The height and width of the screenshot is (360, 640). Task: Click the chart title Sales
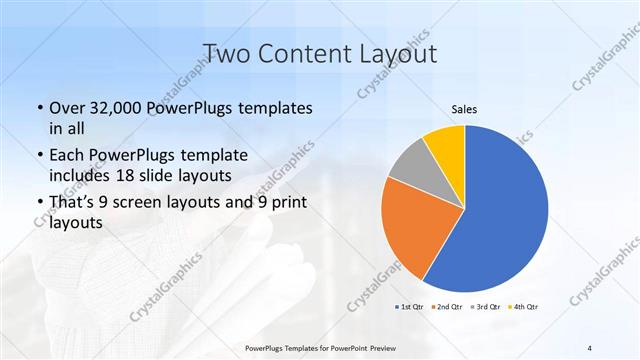coord(463,108)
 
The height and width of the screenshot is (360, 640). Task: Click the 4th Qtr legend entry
coord(524,305)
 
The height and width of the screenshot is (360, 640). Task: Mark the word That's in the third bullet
coord(73,203)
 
